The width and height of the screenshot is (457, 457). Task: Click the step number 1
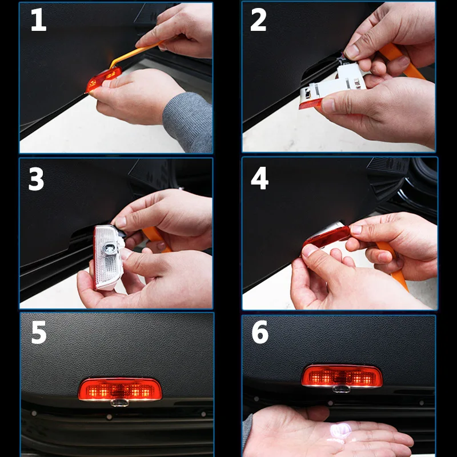pyautogui.click(x=39, y=19)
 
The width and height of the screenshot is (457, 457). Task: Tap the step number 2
pyautogui.click(x=258, y=19)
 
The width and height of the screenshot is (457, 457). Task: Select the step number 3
pyautogui.click(x=36, y=179)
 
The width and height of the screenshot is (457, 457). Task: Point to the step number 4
pyautogui.click(x=259, y=178)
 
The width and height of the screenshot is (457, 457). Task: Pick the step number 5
pyautogui.click(x=39, y=332)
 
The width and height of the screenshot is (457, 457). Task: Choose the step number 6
pyautogui.click(x=260, y=332)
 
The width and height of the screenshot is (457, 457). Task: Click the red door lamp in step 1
pyautogui.click(x=103, y=79)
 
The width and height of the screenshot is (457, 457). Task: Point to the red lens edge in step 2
pyautogui.click(x=311, y=104)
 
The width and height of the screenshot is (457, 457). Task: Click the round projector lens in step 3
pyautogui.click(x=109, y=248)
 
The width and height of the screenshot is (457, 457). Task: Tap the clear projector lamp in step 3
pyautogui.click(x=107, y=257)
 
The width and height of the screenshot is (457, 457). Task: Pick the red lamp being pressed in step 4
pyautogui.click(x=326, y=236)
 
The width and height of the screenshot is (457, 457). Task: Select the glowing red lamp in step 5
pyautogui.click(x=120, y=389)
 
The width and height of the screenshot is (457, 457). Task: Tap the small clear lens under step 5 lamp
pyautogui.click(x=119, y=403)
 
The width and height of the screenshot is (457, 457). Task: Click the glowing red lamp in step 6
pyautogui.click(x=342, y=376)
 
